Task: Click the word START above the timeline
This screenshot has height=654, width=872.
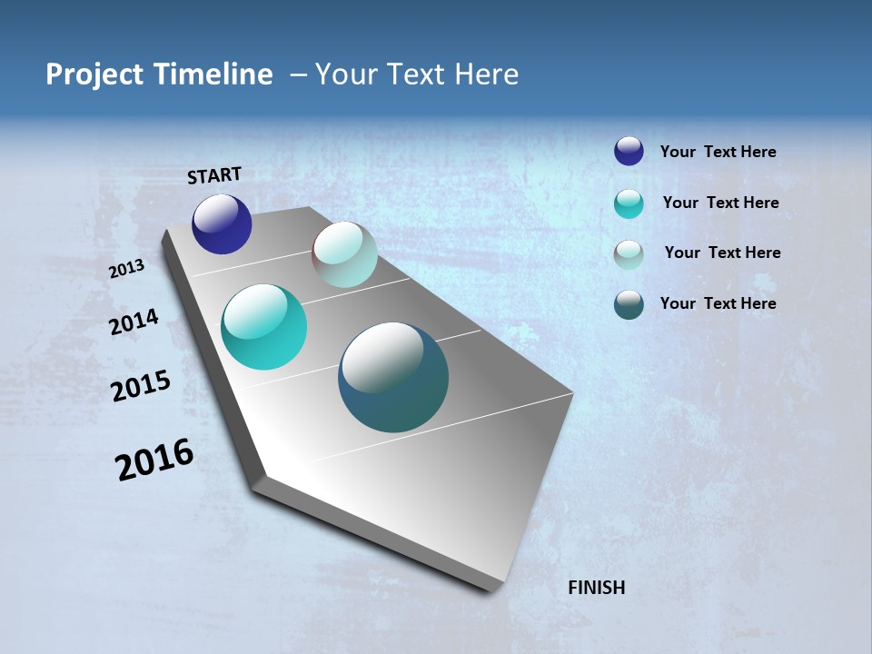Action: coord(214,175)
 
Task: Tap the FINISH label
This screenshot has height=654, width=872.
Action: coord(597,588)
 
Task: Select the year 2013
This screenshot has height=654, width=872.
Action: coord(126,269)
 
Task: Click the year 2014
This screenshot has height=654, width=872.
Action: coord(134,322)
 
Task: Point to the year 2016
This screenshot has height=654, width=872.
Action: coord(154,460)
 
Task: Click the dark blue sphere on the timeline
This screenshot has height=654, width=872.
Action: coord(222,224)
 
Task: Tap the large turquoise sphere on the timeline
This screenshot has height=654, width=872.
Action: coord(263,327)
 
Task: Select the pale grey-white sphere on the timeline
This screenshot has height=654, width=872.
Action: coord(344,255)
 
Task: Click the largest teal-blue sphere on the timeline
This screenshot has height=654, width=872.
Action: coord(393,377)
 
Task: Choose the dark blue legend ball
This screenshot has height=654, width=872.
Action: coord(629,151)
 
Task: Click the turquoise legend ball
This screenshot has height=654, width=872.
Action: coord(629,203)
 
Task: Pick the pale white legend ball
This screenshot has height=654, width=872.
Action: coord(629,253)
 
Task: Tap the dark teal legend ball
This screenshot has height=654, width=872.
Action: coord(629,304)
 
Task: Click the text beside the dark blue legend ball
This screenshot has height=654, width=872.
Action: coord(718,152)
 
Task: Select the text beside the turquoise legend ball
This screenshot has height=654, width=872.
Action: coord(720,203)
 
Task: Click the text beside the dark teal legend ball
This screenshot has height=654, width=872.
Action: coord(718,303)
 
